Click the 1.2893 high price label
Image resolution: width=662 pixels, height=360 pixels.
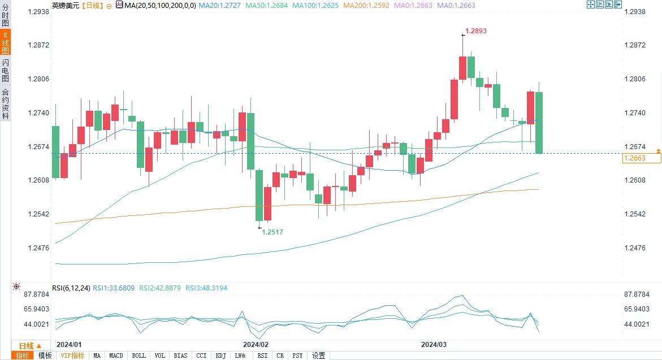click(475, 31)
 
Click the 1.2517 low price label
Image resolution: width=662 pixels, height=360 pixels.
click(272, 232)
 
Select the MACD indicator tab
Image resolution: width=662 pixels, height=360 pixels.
click(116, 355)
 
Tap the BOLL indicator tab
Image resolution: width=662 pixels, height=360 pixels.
click(139, 355)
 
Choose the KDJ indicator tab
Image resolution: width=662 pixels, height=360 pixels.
click(220, 355)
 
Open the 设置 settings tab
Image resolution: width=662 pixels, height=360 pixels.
click(319, 355)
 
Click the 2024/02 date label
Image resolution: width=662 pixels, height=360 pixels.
click(256, 344)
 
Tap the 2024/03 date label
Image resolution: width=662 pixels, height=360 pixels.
click(434, 344)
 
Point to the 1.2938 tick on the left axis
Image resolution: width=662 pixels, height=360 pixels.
click(38, 11)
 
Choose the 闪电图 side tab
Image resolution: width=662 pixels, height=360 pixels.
click(5, 70)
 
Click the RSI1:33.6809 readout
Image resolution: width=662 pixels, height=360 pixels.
click(114, 288)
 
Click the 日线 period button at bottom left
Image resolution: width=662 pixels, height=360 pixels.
click(29, 346)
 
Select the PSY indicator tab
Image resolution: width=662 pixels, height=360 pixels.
click(297, 355)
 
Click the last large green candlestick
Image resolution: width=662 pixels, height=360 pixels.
click(539, 122)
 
